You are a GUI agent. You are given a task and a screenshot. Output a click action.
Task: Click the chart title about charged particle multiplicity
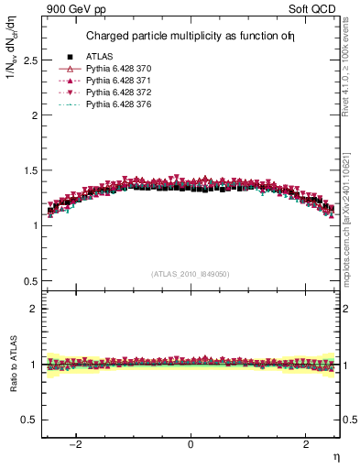tap(191, 37)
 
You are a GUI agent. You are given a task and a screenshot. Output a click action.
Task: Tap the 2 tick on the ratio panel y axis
tap(34, 310)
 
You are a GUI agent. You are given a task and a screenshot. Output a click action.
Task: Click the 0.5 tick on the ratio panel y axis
tap(30, 420)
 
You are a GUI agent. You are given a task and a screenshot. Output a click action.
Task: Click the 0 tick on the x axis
tap(191, 444)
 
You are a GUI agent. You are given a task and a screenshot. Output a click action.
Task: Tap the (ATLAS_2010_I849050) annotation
tap(191, 273)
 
